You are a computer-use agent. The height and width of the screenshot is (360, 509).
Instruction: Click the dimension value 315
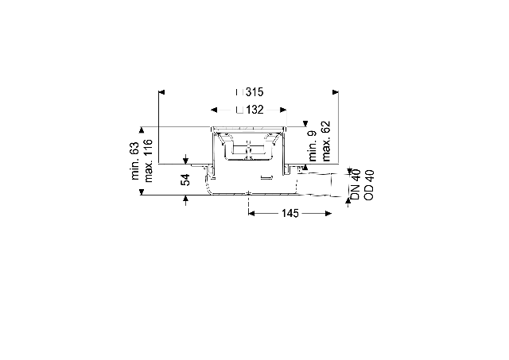coord(254,92)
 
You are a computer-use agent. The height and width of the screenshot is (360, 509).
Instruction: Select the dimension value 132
coord(254,110)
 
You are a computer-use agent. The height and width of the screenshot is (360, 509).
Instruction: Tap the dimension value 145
coord(289,213)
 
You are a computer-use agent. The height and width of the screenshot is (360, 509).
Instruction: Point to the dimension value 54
coord(185,180)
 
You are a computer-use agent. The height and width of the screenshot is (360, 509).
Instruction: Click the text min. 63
coord(135,161)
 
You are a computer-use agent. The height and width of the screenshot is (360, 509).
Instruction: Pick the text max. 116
coord(148,161)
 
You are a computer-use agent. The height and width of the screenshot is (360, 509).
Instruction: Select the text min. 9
coord(313,145)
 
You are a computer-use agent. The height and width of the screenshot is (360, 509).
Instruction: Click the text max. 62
coord(325,141)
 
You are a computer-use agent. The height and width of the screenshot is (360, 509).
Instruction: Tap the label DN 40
coord(356,184)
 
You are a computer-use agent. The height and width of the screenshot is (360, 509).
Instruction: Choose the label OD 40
coord(369,185)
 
